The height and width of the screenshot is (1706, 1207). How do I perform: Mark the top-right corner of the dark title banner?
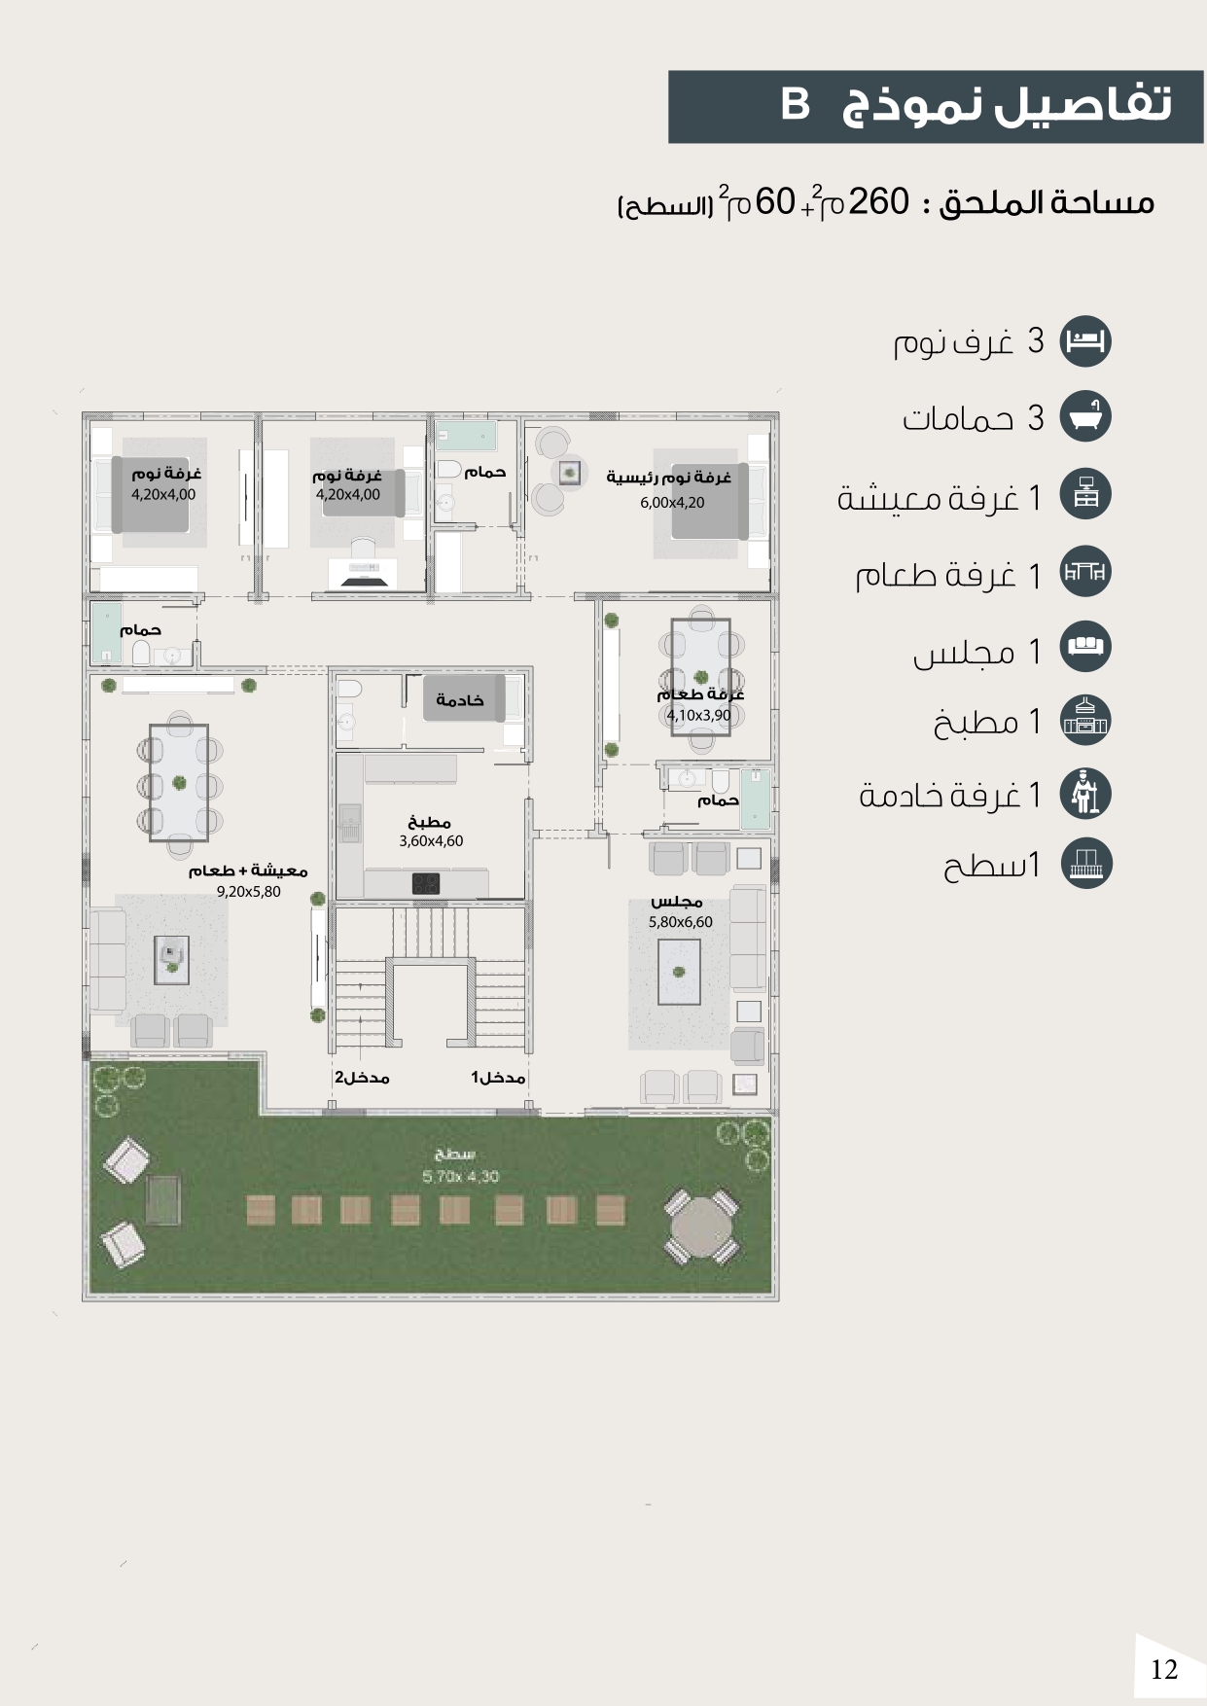click(x=1203, y=71)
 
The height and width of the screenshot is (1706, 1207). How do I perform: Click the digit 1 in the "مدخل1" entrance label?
click(x=476, y=1078)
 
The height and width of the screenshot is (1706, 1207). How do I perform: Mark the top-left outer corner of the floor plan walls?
click(x=83, y=412)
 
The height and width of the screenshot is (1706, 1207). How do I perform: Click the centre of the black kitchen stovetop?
click(x=426, y=883)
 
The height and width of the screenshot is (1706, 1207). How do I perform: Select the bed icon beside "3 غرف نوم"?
click(x=1084, y=341)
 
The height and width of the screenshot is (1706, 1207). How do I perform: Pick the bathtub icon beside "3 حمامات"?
click(x=1084, y=417)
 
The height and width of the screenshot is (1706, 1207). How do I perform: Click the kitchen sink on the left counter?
click(x=350, y=823)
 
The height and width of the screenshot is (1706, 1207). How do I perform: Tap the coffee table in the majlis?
click(x=679, y=971)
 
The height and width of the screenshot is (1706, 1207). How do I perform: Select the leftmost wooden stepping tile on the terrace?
click(x=261, y=1210)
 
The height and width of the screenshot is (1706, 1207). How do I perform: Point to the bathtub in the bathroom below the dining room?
click(x=755, y=800)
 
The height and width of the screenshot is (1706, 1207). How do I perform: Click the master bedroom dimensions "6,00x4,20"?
click(x=672, y=503)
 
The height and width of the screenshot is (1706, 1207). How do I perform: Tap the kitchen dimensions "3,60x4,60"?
click(x=431, y=841)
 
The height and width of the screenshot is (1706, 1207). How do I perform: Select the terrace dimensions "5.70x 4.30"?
click(x=461, y=1177)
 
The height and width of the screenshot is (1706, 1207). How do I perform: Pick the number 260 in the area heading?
click(x=879, y=202)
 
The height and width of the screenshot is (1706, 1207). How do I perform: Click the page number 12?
click(x=1164, y=1670)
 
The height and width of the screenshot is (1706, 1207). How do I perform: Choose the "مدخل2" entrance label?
click(x=362, y=1078)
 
